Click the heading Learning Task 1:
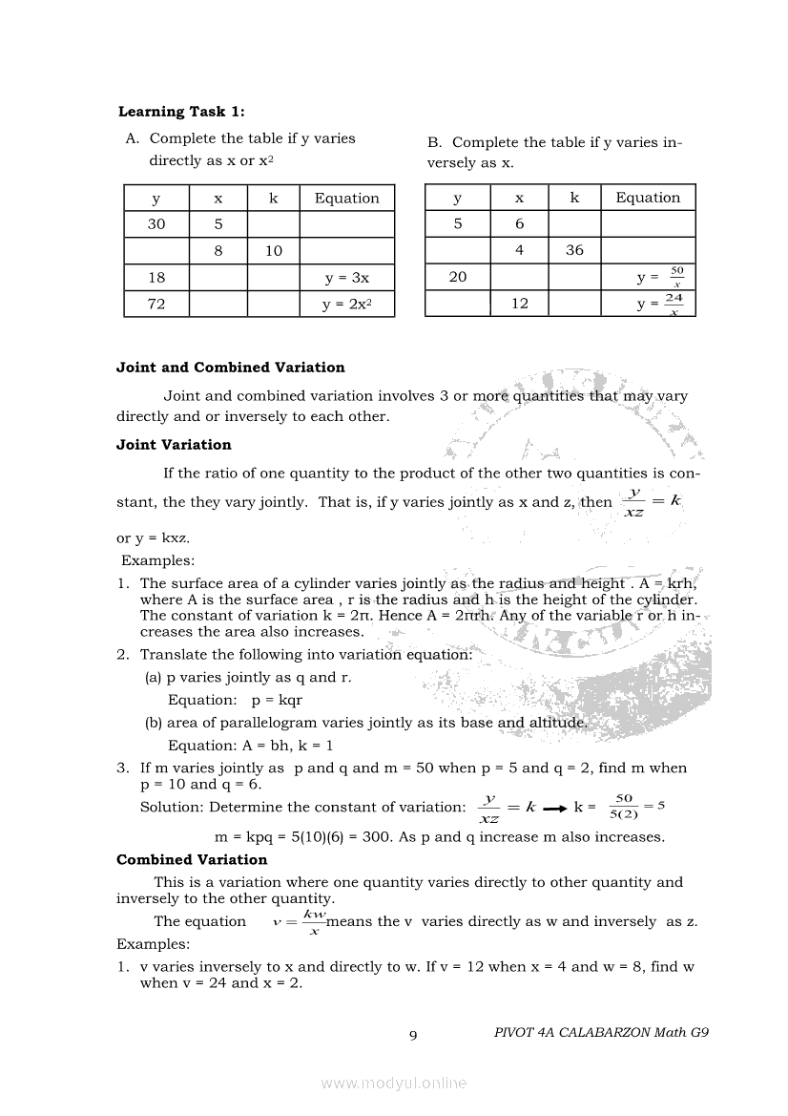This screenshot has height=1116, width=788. (181, 112)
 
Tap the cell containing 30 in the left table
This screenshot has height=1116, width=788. (156, 224)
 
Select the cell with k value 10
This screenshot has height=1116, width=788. (274, 251)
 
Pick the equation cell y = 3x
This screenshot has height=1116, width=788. (346, 278)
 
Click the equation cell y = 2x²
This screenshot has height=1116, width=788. (346, 305)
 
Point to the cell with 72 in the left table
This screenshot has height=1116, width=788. (156, 305)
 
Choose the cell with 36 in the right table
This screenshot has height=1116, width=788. (574, 250)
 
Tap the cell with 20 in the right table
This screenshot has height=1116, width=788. (458, 277)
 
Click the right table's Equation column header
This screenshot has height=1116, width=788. (648, 198)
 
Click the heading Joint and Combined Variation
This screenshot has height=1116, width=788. (230, 368)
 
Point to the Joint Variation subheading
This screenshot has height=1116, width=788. (174, 445)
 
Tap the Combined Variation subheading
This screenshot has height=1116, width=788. (192, 860)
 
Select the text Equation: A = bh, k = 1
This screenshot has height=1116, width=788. (250, 746)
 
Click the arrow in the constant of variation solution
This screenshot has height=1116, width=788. (555, 808)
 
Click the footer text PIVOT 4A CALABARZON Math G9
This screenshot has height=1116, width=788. (602, 1032)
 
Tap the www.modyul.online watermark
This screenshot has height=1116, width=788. (394, 1084)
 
